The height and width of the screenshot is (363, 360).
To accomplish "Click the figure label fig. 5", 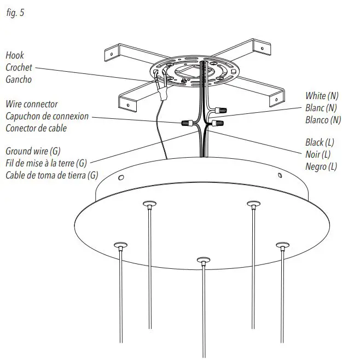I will pos(15,13).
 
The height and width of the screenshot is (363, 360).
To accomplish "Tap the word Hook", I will pos(15,55).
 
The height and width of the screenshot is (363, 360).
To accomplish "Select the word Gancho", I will pos(18,79).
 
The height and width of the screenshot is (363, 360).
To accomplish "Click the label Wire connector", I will pos(31,104).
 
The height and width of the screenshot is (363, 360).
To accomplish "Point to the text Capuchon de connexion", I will pos(47,116).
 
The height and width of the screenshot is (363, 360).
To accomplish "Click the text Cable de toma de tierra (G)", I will pos(51,175).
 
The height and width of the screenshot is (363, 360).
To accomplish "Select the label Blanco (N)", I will pos(323,120).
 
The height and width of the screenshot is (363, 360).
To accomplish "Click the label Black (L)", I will pos(320,142).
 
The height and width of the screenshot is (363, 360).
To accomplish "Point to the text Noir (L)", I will pos(318,154).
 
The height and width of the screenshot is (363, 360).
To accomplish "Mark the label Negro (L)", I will pos(321,166).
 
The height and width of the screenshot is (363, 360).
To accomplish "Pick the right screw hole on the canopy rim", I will pos(280,176).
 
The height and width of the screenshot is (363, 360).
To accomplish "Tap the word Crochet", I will pos(19,67).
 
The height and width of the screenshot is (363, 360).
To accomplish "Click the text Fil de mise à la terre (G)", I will pos(47,163).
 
